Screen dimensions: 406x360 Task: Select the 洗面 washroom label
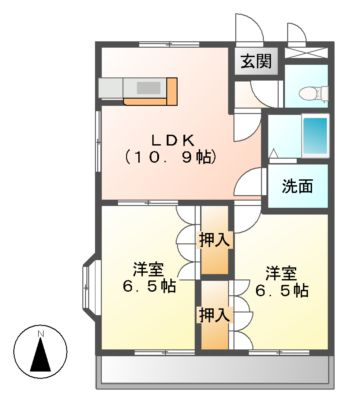[x=298, y=185]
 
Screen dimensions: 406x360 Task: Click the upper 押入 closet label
[x=214, y=240]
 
